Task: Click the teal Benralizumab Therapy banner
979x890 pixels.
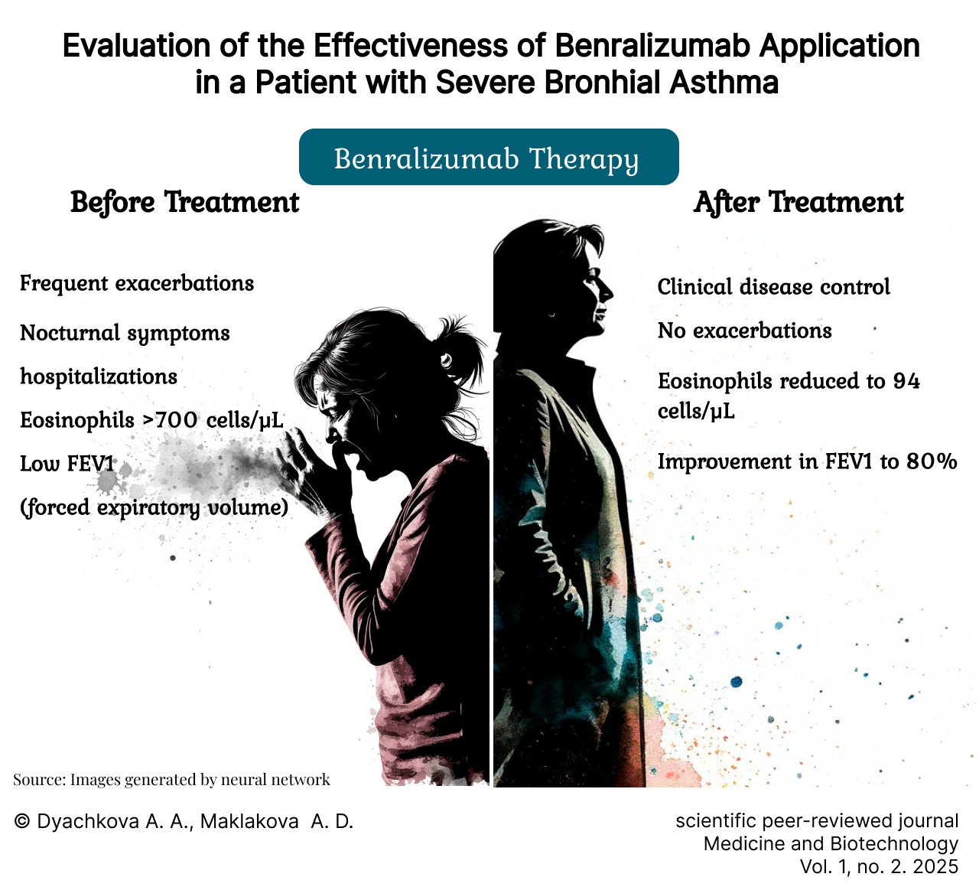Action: point(489,157)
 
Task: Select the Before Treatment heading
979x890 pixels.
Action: point(184,202)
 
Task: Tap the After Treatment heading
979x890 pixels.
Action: point(798,202)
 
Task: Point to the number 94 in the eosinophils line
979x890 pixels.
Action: point(906,381)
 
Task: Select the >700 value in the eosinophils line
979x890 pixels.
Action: point(171,420)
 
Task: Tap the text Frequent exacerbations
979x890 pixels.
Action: point(137,283)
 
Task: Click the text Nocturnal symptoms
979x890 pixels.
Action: point(125,334)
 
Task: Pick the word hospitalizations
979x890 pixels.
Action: point(98,377)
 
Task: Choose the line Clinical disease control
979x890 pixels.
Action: point(773,286)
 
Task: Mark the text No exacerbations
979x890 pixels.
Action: point(744,331)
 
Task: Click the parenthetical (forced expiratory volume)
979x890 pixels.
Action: point(154,507)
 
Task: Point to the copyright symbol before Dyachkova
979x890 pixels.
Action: point(21,821)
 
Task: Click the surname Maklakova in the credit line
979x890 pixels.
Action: point(249,822)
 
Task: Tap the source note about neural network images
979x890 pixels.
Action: point(171,779)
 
